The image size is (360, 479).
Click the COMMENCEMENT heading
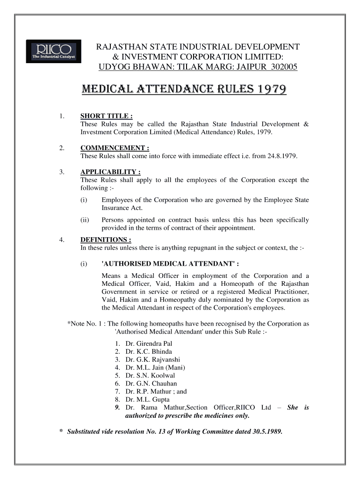coord(115,148)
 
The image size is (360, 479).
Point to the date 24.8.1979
coord(281,156)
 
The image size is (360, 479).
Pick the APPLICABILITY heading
coord(111,172)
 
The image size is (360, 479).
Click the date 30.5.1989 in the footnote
coord(266,431)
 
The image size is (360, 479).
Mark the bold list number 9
coord(117,407)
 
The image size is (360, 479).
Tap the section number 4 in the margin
coord(62,240)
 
